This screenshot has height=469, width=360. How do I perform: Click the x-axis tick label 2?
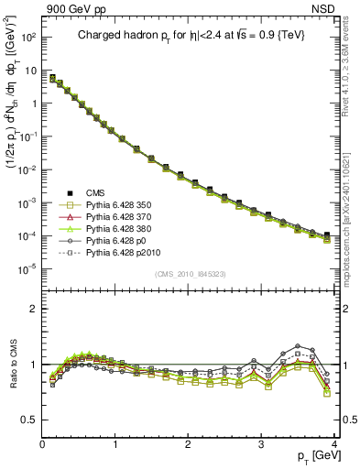[188, 445]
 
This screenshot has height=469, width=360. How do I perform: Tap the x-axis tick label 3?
[261, 445]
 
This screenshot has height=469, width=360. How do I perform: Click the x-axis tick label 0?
[42, 445]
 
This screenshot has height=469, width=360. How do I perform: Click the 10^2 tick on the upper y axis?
[27, 38]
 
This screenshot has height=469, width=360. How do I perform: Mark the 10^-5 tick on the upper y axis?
[27, 268]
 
